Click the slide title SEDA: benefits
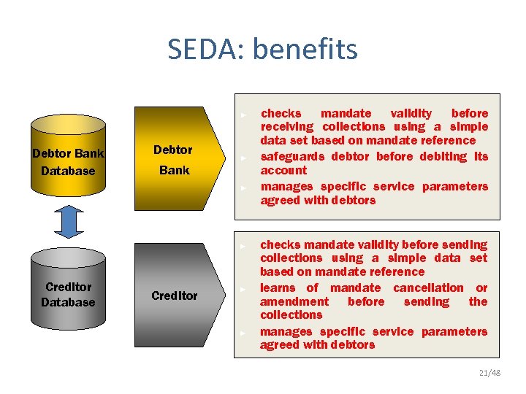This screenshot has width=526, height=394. click(x=262, y=50)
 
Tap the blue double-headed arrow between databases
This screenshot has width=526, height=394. click(x=69, y=222)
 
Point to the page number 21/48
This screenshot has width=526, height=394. click(x=490, y=373)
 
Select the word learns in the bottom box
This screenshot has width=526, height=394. click(x=278, y=287)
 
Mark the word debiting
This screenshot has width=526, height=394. click(x=448, y=156)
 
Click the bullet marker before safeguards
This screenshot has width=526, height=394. click(x=246, y=158)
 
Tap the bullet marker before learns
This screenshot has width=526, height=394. click(x=246, y=289)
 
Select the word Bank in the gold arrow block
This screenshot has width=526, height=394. click(x=175, y=170)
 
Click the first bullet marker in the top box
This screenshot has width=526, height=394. click(x=246, y=115)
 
